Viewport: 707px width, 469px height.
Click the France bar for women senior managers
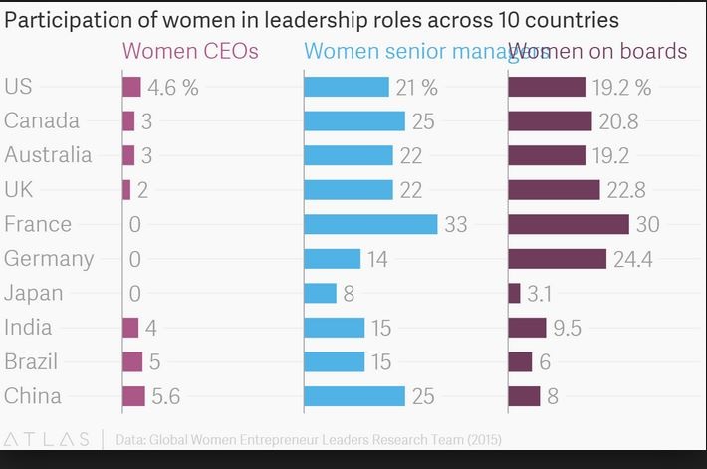pos(370,224)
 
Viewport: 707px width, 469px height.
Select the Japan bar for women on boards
pos(514,293)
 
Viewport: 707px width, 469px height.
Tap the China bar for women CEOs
pos(133,396)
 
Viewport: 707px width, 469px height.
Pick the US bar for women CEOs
pos(131,87)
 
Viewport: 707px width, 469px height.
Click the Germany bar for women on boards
pos(557,259)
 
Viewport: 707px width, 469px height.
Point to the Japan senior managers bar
pos(320,293)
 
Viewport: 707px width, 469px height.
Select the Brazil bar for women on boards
pos(520,361)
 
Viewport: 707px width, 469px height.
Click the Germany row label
pos(49,259)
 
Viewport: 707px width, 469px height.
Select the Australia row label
pos(48,155)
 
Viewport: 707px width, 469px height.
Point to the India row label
pos(27,328)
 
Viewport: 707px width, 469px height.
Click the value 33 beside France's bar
pos(455,224)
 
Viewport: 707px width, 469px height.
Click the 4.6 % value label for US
pos(173,87)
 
